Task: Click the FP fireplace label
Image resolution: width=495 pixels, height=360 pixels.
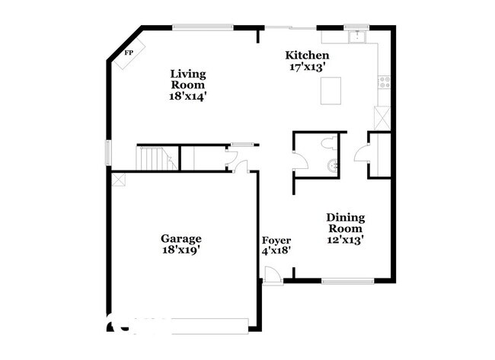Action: pyautogui.click(x=129, y=52)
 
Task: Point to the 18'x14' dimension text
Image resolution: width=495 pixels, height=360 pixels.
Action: pyautogui.click(x=187, y=97)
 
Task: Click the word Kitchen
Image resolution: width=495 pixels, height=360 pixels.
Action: pyautogui.click(x=307, y=56)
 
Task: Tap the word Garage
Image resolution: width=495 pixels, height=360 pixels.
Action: pyautogui.click(x=180, y=238)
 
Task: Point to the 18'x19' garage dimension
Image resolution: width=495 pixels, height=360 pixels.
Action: pyautogui.click(x=180, y=249)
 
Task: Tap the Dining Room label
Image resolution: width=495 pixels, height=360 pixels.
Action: pyautogui.click(x=345, y=222)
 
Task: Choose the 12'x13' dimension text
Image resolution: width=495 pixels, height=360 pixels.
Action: pyautogui.click(x=345, y=239)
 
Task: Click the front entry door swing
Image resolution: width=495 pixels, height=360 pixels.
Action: pyautogui.click(x=271, y=276)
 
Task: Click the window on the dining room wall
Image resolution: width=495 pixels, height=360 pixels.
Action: pyautogui.click(x=346, y=282)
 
